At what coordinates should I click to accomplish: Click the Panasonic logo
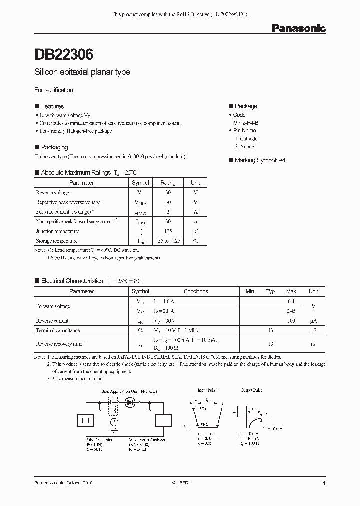coord(298,29)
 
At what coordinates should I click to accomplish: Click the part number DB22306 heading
coord(63,53)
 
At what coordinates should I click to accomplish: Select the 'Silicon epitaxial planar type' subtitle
coord(82,72)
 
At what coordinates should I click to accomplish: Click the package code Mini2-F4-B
coord(245,123)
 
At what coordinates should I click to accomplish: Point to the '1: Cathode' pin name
coord(246,139)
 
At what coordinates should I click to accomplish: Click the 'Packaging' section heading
coord(54,148)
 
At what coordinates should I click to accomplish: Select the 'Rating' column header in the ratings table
coord(168,183)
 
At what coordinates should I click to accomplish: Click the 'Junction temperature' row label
coord(57,231)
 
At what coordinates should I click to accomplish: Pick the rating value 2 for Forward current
coord(168,212)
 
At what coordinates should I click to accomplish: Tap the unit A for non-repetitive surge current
coord(195,221)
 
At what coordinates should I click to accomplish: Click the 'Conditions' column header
coord(196,291)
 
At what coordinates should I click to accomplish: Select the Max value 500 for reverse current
coord(291,321)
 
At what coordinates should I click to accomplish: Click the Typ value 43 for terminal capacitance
coord(270,330)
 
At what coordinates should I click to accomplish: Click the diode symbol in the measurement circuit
coord(130,401)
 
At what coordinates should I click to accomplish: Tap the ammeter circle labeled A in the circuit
coord(114,422)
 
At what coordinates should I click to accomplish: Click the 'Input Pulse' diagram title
coord(208,390)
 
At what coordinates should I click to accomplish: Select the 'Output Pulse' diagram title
coord(251,390)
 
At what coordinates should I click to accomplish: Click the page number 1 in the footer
coord(324,484)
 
